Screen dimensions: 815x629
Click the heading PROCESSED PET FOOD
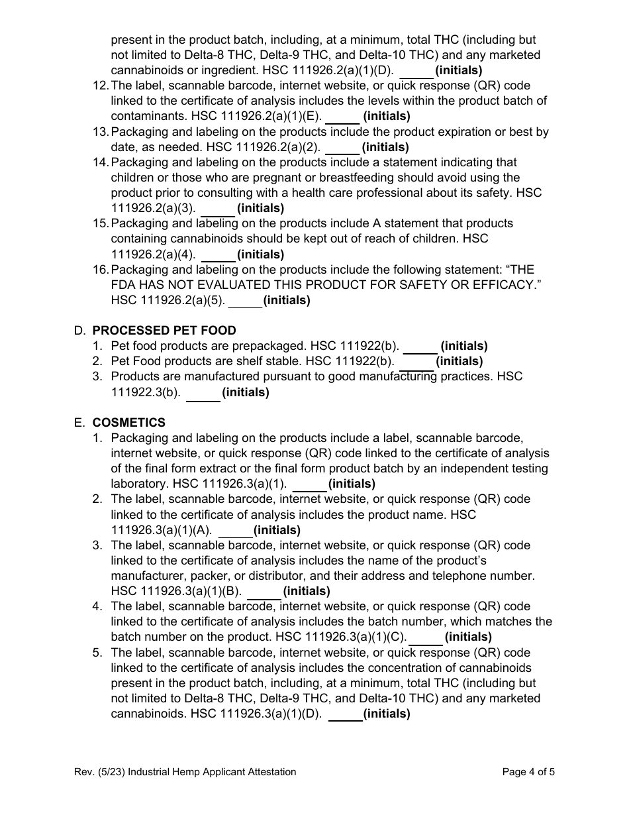[x=164, y=331]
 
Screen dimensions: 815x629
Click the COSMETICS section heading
[x=129, y=423]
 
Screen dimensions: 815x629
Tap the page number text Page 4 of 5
[x=528, y=771]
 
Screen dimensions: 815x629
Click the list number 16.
[x=100, y=270]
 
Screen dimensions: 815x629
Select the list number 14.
[x=100, y=162]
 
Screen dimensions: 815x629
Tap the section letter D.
[x=79, y=331]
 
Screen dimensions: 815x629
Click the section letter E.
[x=79, y=423]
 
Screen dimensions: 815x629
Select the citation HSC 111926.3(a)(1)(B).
[x=176, y=591]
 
